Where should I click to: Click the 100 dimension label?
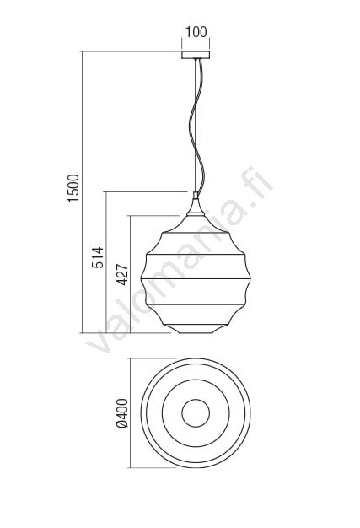[196, 32]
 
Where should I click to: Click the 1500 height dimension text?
[73, 188]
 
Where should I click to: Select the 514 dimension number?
[98, 257]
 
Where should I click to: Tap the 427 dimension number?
[122, 275]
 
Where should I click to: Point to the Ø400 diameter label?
[121, 413]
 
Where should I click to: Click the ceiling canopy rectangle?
[196, 55]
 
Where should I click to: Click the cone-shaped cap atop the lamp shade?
[196, 207]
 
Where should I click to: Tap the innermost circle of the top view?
[196, 399]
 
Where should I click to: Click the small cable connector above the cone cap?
[196, 196]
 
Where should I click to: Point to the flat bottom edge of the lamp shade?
[196, 333]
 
